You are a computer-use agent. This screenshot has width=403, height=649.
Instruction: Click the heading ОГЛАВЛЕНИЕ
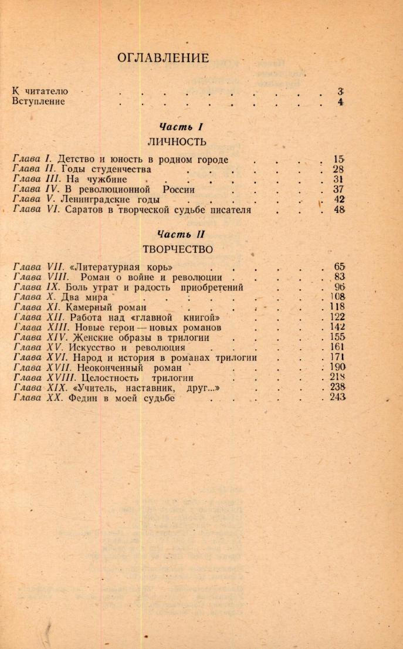tap(162, 58)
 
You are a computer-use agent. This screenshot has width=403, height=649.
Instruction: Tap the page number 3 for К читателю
tap(340, 91)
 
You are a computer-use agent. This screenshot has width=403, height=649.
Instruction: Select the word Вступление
tap(38, 102)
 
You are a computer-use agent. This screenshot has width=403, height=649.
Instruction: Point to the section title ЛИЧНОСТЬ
tap(177, 141)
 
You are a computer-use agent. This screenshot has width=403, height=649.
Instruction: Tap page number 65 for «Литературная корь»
tap(339, 267)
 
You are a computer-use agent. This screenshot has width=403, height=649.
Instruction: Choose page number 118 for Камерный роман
tap(337, 307)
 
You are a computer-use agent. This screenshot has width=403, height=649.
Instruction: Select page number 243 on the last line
tap(337, 398)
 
